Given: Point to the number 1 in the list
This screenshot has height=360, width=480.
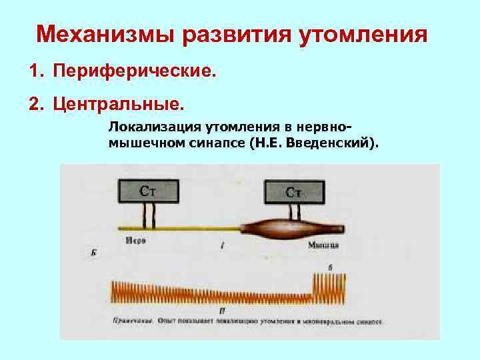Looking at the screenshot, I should [x=33, y=72].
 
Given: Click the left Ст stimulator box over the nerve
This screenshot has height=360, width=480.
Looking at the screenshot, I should [x=149, y=191].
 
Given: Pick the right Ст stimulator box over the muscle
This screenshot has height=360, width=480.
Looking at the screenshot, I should [x=294, y=191].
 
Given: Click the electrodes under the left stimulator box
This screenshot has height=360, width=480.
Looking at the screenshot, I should [x=149, y=214].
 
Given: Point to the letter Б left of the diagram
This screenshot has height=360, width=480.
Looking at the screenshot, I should [x=91, y=253].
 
